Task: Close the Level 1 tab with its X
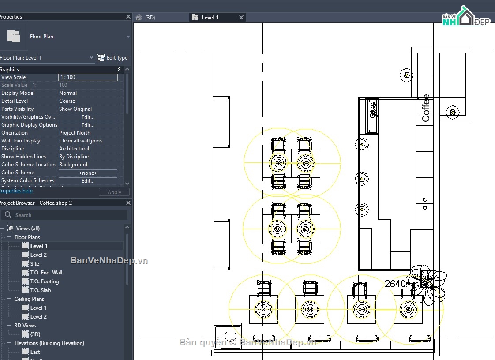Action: tap(241, 18)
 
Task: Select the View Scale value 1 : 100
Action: tap(88, 77)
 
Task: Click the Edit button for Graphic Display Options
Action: tap(88, 125)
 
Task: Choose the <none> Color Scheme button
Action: tap(88, 173)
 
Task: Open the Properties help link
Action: tap(16, 191)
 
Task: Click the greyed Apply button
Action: tap(114, 192)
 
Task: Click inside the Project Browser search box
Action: tap(66, 215)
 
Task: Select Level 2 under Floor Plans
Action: tap(38, 255)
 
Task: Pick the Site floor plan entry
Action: tap(34, 264)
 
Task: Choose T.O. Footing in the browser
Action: tap(44, 281)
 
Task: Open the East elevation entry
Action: tap(35, 352)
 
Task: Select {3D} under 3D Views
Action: tap(35, 334)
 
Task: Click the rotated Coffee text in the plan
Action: tap(426, 108)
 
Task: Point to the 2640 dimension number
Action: tap(395, 284)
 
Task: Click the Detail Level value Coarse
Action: tap(67, 101)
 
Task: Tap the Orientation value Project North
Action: tap(75, 133)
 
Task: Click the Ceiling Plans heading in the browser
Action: tap(29, 299)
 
